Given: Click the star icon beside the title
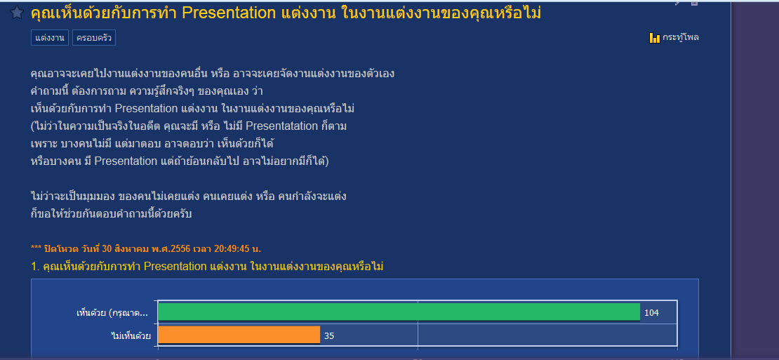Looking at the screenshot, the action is (x=17, y=13).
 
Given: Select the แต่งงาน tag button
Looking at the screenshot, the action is (x=50, y=38).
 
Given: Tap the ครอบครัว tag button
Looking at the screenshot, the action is (x=94, y=38).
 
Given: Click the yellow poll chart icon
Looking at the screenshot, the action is (x=654, y=38).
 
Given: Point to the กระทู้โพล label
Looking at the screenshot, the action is (x=681, y=37).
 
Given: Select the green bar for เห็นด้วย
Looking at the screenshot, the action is (x=399, y=312).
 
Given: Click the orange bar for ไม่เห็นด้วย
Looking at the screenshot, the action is (x=239, y=335).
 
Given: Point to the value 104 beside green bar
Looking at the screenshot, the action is (x=651, y=313).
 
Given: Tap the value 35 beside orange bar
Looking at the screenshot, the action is (x=329, y=336).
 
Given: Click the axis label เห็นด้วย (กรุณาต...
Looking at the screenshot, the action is (x=112, y=313).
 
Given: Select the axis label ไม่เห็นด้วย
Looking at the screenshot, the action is (x=131, y=335).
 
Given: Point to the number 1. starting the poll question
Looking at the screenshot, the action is (x=35, y=267).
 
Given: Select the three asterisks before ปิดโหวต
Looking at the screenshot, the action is (x=36, y=248).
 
